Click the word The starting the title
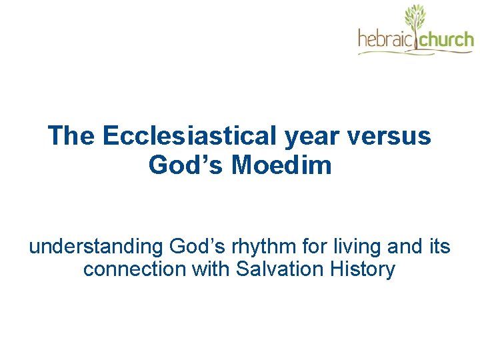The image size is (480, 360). [72, 137]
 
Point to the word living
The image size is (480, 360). [363, 247]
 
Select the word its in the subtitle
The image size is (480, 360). [439, 247]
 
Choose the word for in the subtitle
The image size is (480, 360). [319, 247]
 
